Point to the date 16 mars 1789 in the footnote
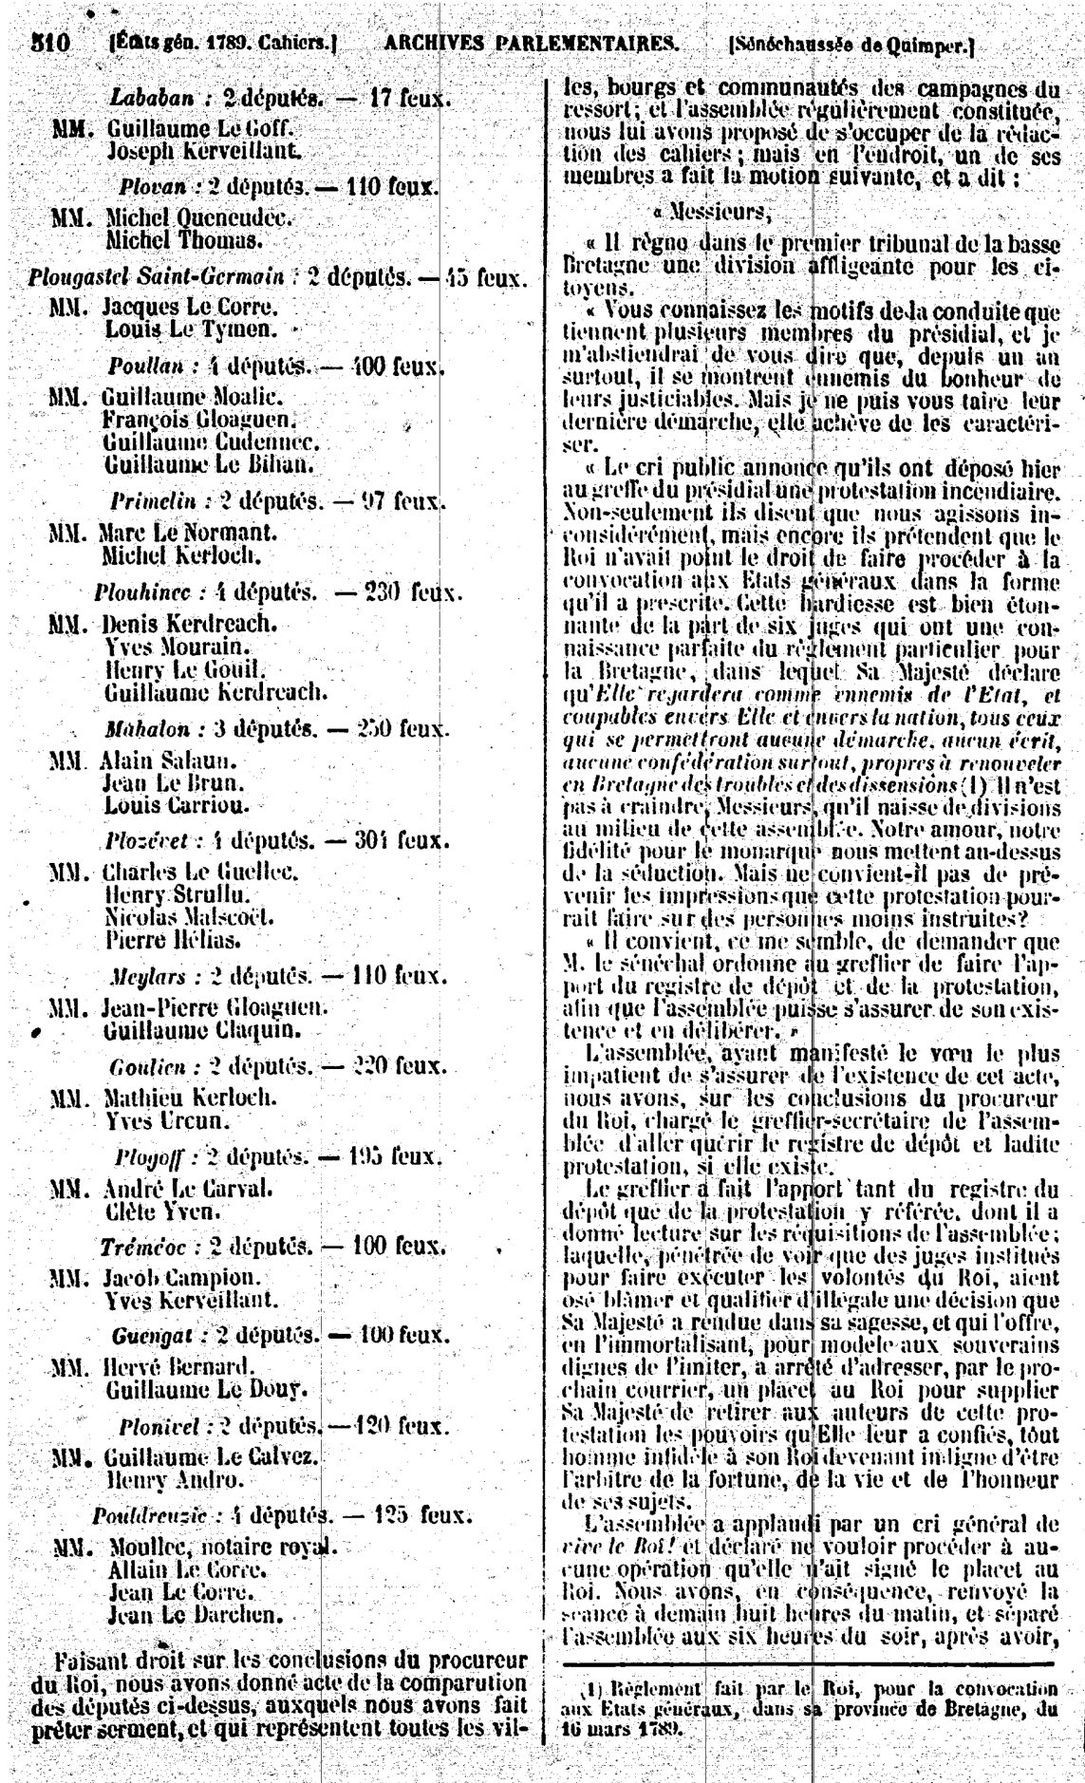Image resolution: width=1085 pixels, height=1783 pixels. pyautogui.click(x=623, y=1728)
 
